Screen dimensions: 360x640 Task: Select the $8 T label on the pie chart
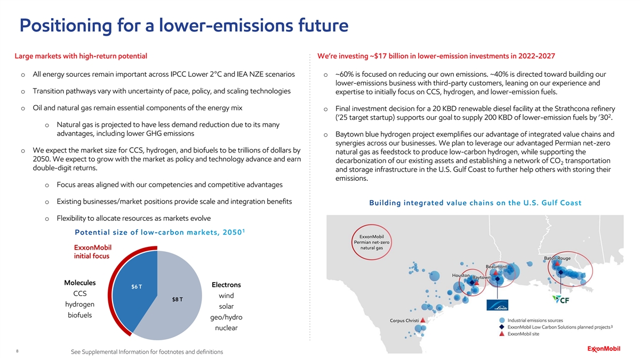[x=178, y=299]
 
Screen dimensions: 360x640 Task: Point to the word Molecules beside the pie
[x=79, y=283]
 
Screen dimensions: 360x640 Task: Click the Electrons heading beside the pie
[x=226, y=285]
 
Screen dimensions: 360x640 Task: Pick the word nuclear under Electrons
[x=226, y=328]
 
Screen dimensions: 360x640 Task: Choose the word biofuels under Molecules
[x=79, y=315]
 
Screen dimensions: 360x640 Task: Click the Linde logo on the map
[x=497, y=305]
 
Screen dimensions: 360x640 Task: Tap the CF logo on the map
[x=563, y=300]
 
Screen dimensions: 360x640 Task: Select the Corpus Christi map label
[x=404, y=321]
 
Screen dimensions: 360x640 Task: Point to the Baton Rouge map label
[x=557, y=259]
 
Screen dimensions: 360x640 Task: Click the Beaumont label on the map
[x=499, y=267]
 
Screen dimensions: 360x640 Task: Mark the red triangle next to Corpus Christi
[x=423, y=321]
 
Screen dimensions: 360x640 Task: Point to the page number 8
[x=18, y=351]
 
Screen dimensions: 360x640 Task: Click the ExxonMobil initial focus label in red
[x=92, y=252]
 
